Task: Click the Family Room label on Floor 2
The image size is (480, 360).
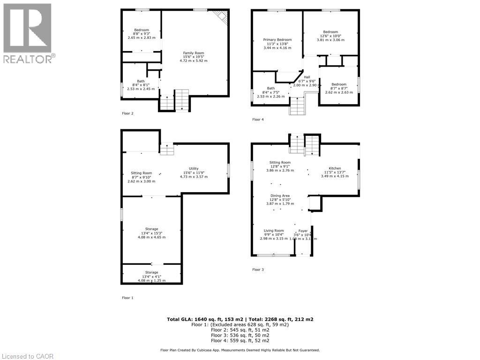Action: coord(194,53)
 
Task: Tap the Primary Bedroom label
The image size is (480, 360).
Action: coord(277,40)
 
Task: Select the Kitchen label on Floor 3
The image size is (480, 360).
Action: coord(335,168)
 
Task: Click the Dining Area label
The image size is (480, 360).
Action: coord(280,195)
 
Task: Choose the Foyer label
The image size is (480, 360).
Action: coord(303,231)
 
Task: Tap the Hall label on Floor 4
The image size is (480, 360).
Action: coord(307,77)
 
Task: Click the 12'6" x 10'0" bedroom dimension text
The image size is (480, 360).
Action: coord(332,36)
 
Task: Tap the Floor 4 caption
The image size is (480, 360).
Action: coord(258,120)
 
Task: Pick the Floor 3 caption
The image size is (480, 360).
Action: coord(258,270)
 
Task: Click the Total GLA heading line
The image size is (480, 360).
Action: coord(240,319)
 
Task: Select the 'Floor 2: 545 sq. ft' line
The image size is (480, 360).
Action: coord(240,330)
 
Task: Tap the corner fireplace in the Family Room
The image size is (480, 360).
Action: coord(222,17)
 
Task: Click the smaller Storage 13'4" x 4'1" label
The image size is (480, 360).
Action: coord(151,272)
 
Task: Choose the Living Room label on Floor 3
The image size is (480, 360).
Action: coord(274,231)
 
